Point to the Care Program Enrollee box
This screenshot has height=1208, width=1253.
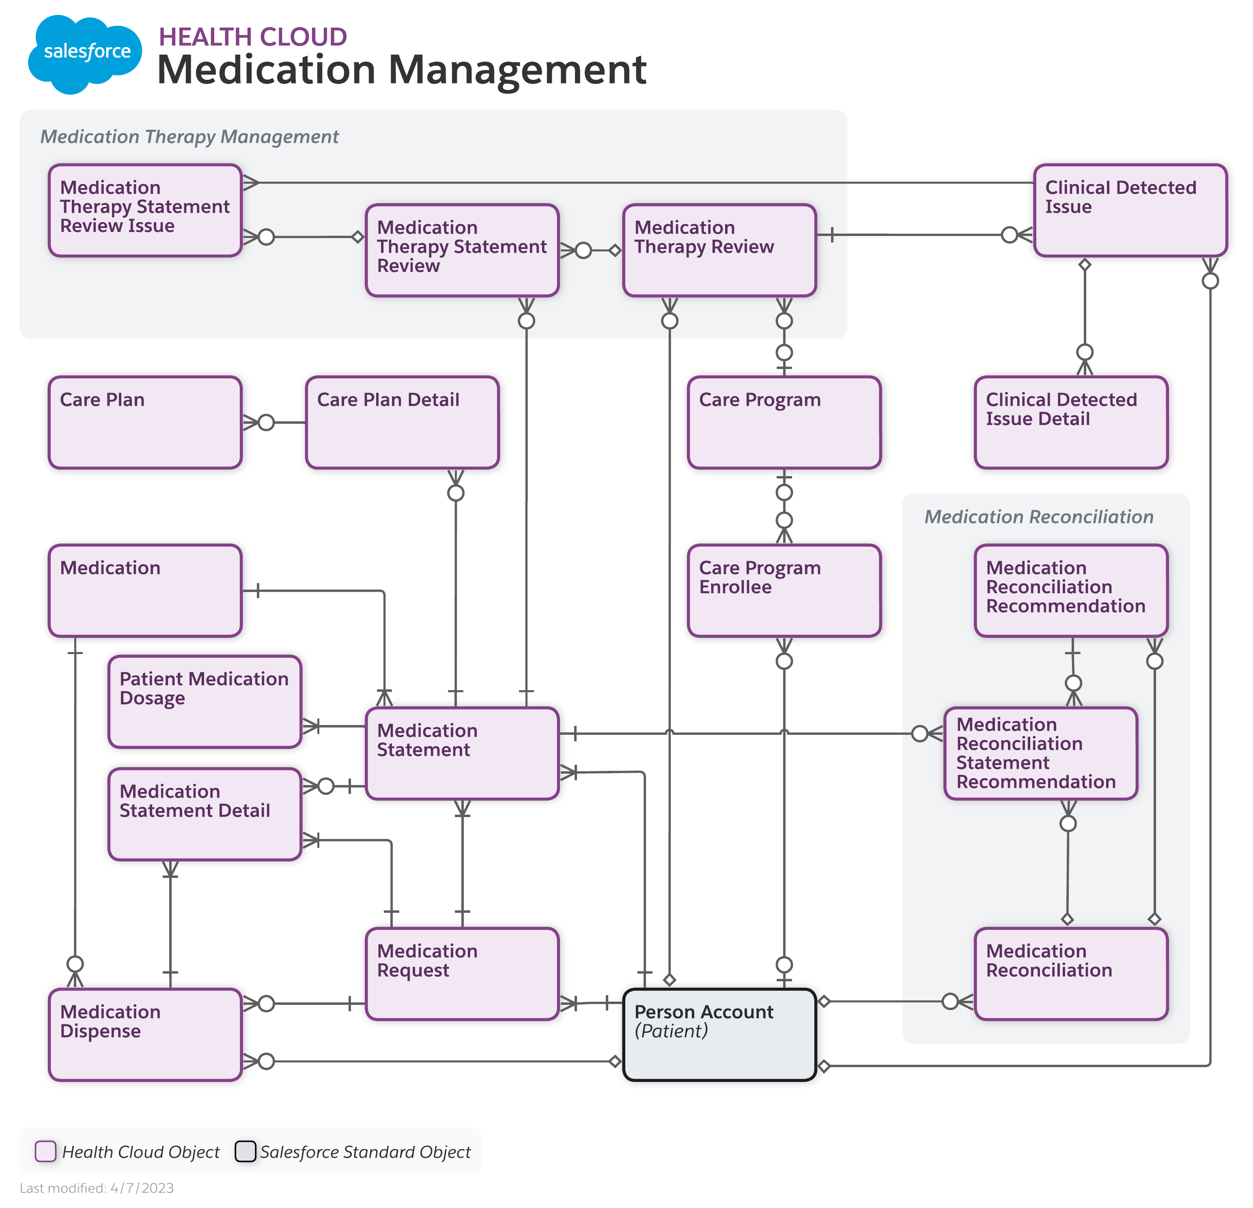pyautogui.click(x=784, y=590)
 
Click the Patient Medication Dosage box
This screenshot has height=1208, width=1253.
pyautogui.click(x=205, y=702)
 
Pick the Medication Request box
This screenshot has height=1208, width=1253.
pyautogui.click(x=462, y=974)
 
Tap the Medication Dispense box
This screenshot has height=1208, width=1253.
pyautogui.click(x=145, y=1034)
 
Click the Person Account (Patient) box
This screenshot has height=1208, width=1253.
pyautogui.click(x=719, y=1034)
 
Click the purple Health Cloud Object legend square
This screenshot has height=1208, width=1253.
pyautogui.click(x=45, y=1151)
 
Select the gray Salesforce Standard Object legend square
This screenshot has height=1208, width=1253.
pyautogui.click(x=245, y=1151)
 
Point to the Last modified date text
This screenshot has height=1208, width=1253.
pyautogui.click(x=97, y=1188)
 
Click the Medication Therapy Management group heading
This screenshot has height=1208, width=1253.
pyautogui.click(x=189, y=137)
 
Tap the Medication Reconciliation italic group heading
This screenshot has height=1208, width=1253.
pyautogui.click(x=1038, y=517)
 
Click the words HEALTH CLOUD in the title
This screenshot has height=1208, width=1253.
pyautogui.click(x=252, y=37)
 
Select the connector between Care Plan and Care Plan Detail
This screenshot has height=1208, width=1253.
pyautogui.click(x=281, y=422)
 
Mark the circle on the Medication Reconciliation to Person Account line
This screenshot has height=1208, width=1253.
pyautogui.click(x=950, y=1001)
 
